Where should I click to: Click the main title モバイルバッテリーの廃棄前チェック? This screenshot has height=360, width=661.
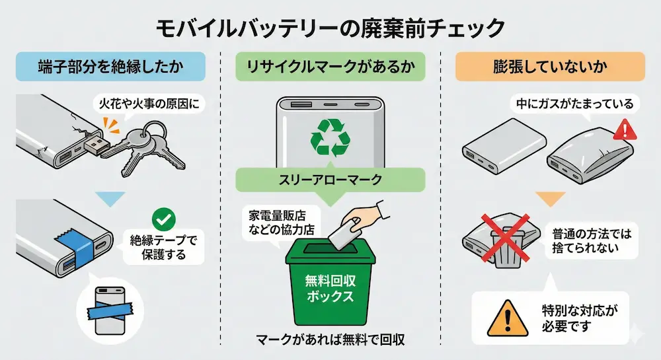pyautogui.click(x=330, y=28)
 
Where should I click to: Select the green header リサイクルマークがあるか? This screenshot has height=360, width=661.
pyautogui.click(x=330, y=68)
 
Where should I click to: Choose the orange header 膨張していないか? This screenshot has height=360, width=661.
pyautogui.click(x=550, y=68)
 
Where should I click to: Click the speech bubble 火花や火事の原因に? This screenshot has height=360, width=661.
pyautogui.click(x=147, y=103)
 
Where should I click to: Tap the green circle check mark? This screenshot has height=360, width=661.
pyautogui.click(x=161, y=217)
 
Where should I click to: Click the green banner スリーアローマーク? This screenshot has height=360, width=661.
pyautogui.click(x=330, y=178)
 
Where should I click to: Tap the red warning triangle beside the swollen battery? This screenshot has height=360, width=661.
pyautogui.click(x=623, y=130)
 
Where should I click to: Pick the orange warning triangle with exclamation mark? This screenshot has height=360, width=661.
pyautogui.click(x=503, y=318)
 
